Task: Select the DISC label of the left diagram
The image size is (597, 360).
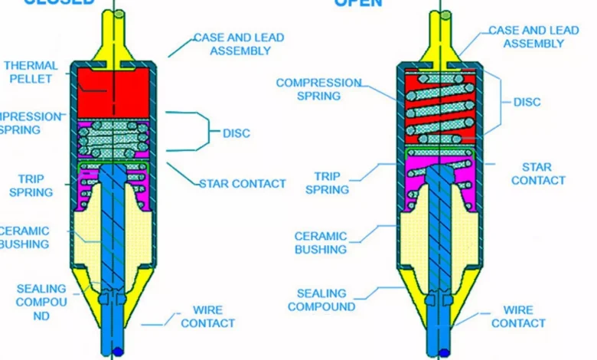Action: coord(237,133)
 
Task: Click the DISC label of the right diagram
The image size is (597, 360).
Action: coord(527,102)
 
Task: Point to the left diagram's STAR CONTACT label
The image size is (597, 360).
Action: coord(242,184)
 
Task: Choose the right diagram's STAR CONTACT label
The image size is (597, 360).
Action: coord(537,174)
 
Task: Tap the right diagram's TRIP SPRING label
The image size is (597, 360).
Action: coord(327,182)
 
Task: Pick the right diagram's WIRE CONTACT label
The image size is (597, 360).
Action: coord(518,317)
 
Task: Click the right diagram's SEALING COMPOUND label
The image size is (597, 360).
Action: coord(321,299)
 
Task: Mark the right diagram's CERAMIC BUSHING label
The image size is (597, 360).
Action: coord(321,243)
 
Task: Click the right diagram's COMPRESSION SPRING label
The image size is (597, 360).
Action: coord(318,89)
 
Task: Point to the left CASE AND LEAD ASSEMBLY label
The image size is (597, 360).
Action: coord(240,44)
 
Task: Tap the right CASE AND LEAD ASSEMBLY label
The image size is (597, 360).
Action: coord(534,37)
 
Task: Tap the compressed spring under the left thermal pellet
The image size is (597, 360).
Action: coord(114,139)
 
